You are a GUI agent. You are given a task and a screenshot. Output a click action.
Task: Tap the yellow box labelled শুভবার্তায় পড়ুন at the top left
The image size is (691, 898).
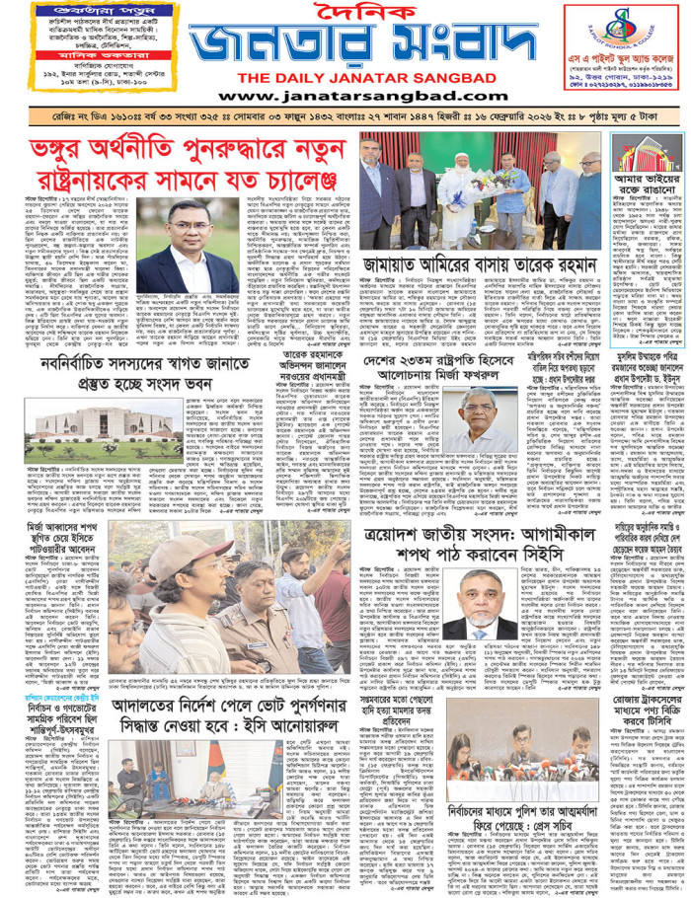tap(57, 12)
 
